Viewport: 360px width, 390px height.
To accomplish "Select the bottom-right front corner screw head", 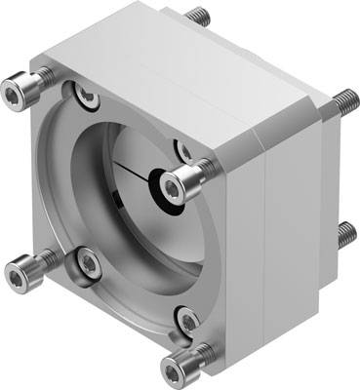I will pos(178,367).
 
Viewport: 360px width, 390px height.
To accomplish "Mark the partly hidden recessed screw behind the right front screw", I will pos(182,150).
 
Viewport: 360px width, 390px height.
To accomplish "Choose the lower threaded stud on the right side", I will pos(346,234).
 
